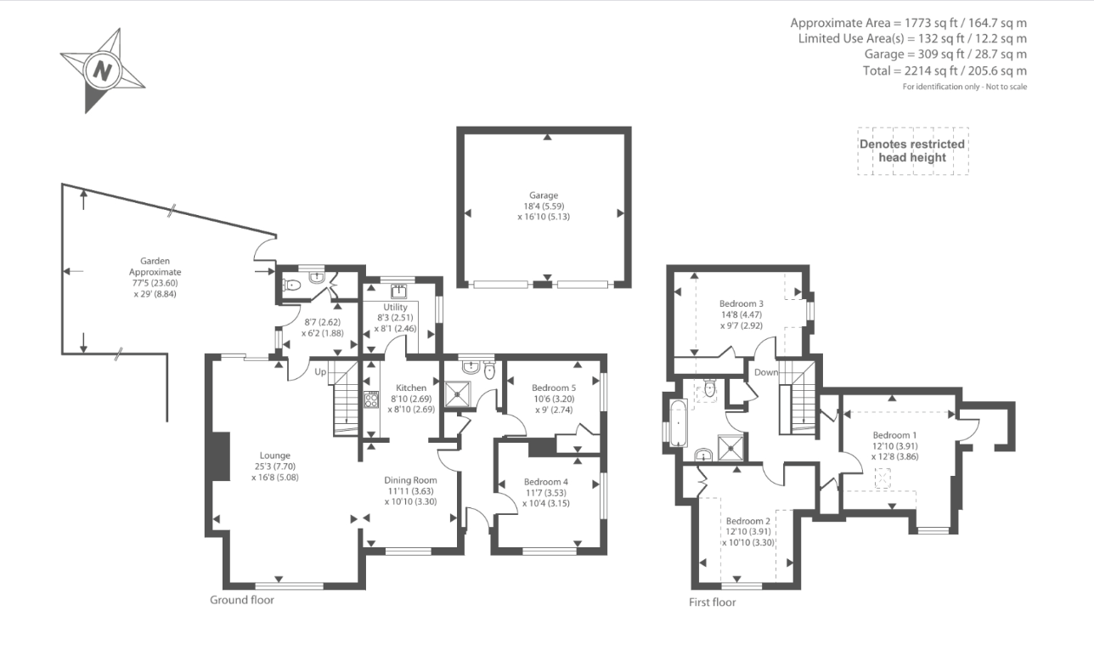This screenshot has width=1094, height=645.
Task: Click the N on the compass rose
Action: click(x=102, y=71)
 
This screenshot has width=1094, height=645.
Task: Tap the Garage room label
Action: click(x=544, y=195)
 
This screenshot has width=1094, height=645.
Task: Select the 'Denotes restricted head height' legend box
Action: click(x=913, y=151)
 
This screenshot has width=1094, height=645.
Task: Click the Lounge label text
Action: click(x=275, y=455)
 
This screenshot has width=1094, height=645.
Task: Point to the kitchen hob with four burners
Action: click(x=371, y=399)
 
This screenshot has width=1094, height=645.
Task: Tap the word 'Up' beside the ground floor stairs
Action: click(x=320, y=372)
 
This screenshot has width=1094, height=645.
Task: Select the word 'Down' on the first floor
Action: click(x=766, y=372)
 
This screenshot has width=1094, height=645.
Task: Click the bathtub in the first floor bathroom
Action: click(x=679, y=423)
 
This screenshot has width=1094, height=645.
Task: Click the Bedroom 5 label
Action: click(x=554, y=388)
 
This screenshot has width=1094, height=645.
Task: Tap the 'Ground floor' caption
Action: click(x=242, y=600)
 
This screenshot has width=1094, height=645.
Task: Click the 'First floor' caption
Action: click(x=712, y=603)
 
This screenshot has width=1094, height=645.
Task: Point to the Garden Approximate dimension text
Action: click(x=155, y=278)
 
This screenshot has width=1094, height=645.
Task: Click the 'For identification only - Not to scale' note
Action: click(x=965, y=87)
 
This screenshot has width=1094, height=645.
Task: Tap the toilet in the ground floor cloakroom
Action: click(x=291, y=285)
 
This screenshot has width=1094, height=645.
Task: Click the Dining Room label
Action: click(x=410, y=480)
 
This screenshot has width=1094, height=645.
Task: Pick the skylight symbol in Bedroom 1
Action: click(x=883, y=478)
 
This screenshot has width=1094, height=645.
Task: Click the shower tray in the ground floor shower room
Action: click(x=458, y=394)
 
